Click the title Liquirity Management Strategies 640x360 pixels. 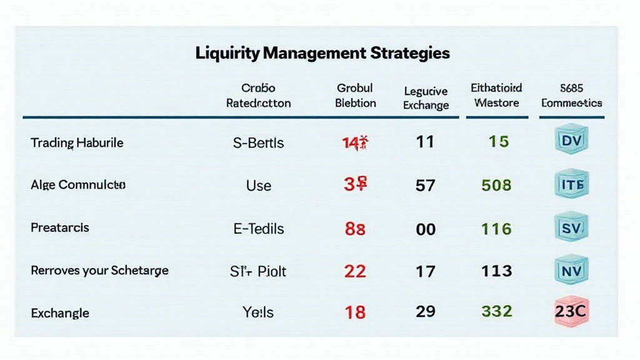click(x=322, y=53)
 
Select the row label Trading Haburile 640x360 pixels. click(x=77, y=142)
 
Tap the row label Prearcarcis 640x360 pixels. click(x=60, y=227)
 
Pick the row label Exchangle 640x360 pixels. click(x=60, y=312)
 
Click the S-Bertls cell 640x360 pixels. click(x=258, y=142)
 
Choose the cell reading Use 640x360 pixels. click(x=258, y=185)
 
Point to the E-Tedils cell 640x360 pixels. click(x=258, y=228)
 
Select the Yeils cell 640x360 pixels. click(x=258, y=311)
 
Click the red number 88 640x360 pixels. click(x=355, y=229)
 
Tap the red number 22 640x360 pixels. click(x=355, y=271)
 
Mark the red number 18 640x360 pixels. click(x=355, y=312)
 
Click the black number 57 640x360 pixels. click(x=426, y=186)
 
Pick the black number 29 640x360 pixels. click(x=426, y=311)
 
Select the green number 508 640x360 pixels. click(x=497, y=186)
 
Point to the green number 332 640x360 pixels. click(x=497, y=311)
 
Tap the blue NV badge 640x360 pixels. click(x=571, y=271)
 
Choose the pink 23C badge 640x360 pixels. click(x=571, y=311)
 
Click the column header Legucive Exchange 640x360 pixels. click(x=426, y=98)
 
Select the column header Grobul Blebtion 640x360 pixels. click(x=355, y=96)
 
